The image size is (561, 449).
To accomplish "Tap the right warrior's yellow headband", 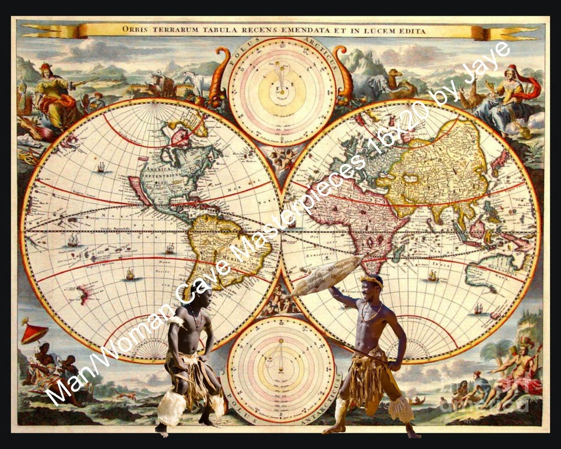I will (372, 279).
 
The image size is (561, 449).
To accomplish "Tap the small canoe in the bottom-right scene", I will (417, 401).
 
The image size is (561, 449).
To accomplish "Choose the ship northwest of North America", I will (101, 167).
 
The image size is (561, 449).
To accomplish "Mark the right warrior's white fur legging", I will (403, 409).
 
